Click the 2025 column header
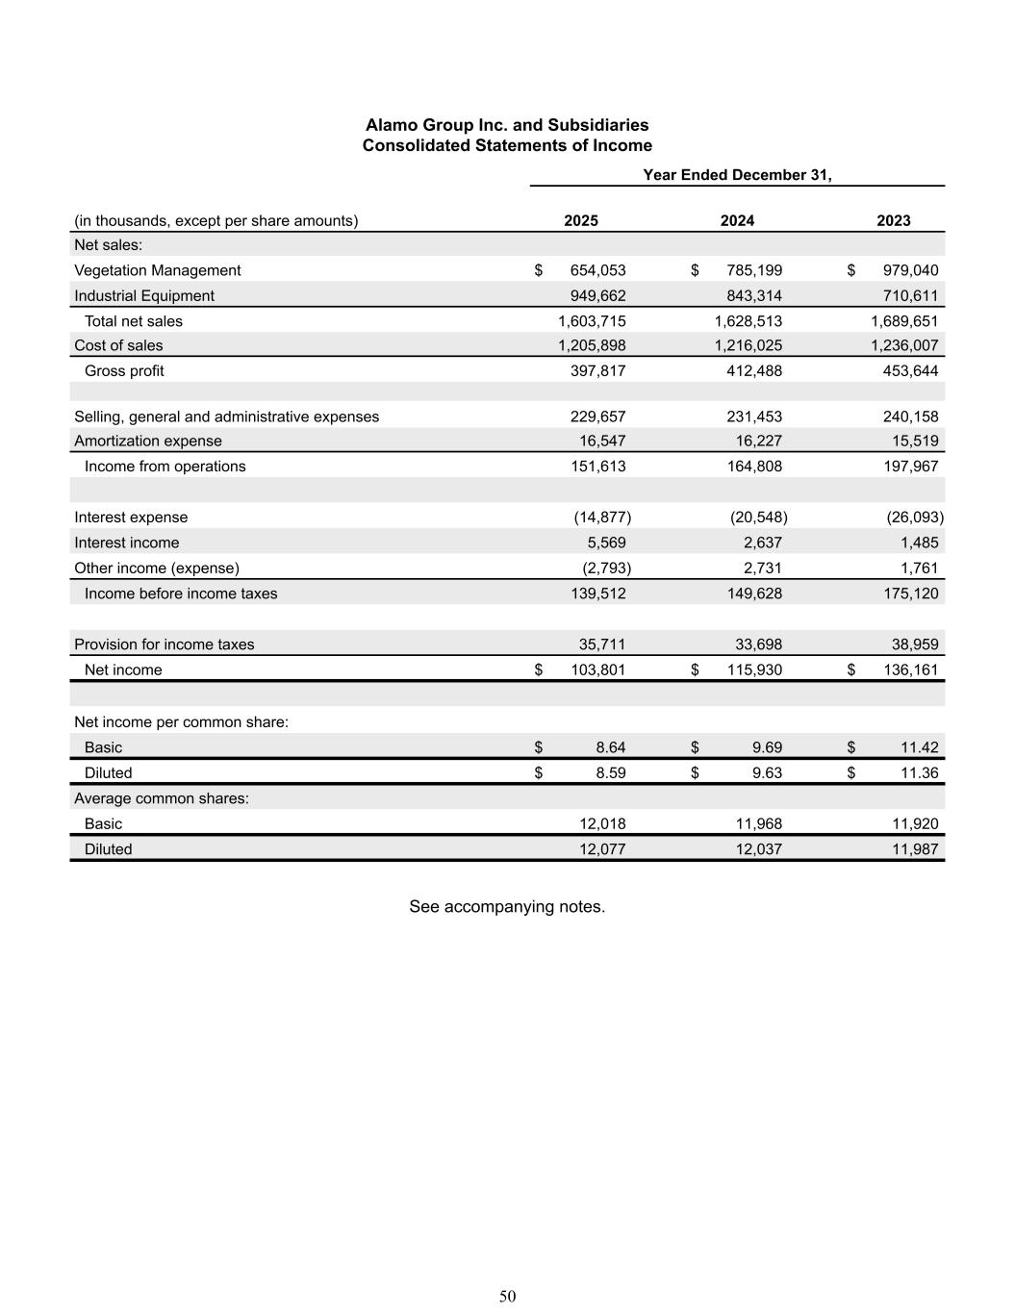click(x=580, y=220)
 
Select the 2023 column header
click(x=893, y=220)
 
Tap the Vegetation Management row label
click(x=158, y=270)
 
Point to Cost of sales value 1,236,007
click(x=904, y=345)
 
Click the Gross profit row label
click(x=124, y=370)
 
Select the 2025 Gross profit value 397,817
click(x=597, y=370)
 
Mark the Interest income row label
click(x=127, y=543)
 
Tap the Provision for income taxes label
click(x=165, y=644)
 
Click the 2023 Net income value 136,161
click(x=911, y=669)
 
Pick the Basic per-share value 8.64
click(x=611, y=747)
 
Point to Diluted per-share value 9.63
click(x=767, y=772)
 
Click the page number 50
click(x=508, y=1297)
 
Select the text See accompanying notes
click(x=507, y=906)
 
